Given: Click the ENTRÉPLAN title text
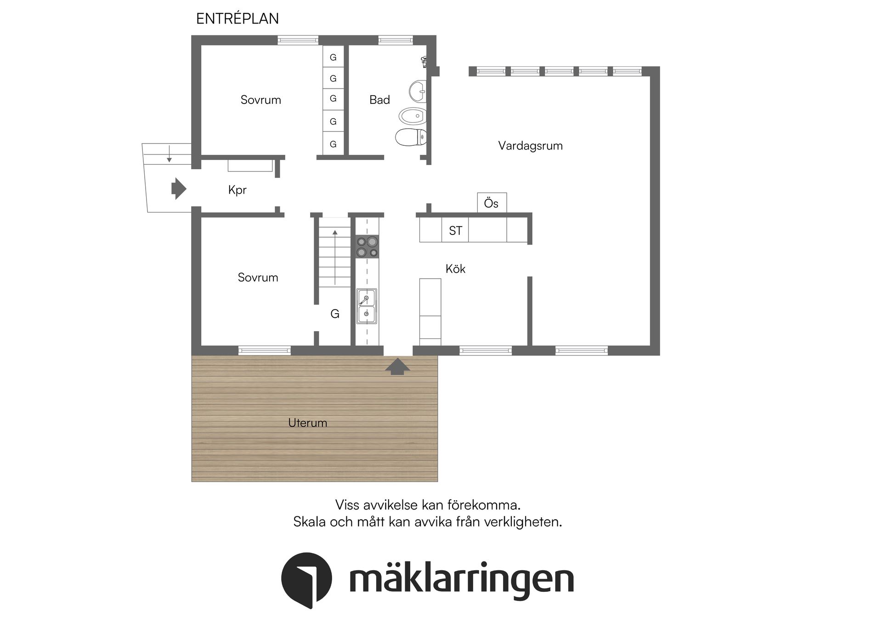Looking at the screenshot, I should tap(237, 18).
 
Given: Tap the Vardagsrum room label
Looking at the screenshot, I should tap(530, 146).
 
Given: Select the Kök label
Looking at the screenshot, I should tap(455, 269).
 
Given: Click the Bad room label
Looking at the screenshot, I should tap(379, 100).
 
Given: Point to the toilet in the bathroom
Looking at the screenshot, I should tap(410, 137).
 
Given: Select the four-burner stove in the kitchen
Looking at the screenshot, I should tap(367, 247).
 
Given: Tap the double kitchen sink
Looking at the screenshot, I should tap(367, 306).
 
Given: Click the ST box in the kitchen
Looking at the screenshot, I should tap(455, 230).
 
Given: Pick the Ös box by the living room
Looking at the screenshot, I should tap(492, 203).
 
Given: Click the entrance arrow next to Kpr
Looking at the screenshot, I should tap(178, 189).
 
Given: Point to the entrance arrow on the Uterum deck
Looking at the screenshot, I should tap(397, 366).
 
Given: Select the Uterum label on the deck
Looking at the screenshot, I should tap(307, 423).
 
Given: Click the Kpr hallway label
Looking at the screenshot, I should tap(237, 190).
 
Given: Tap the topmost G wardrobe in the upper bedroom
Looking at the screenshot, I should tap(333, 57).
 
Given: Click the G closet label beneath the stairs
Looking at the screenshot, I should tap(335, 314).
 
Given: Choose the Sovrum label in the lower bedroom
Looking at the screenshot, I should tap(258, 277).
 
